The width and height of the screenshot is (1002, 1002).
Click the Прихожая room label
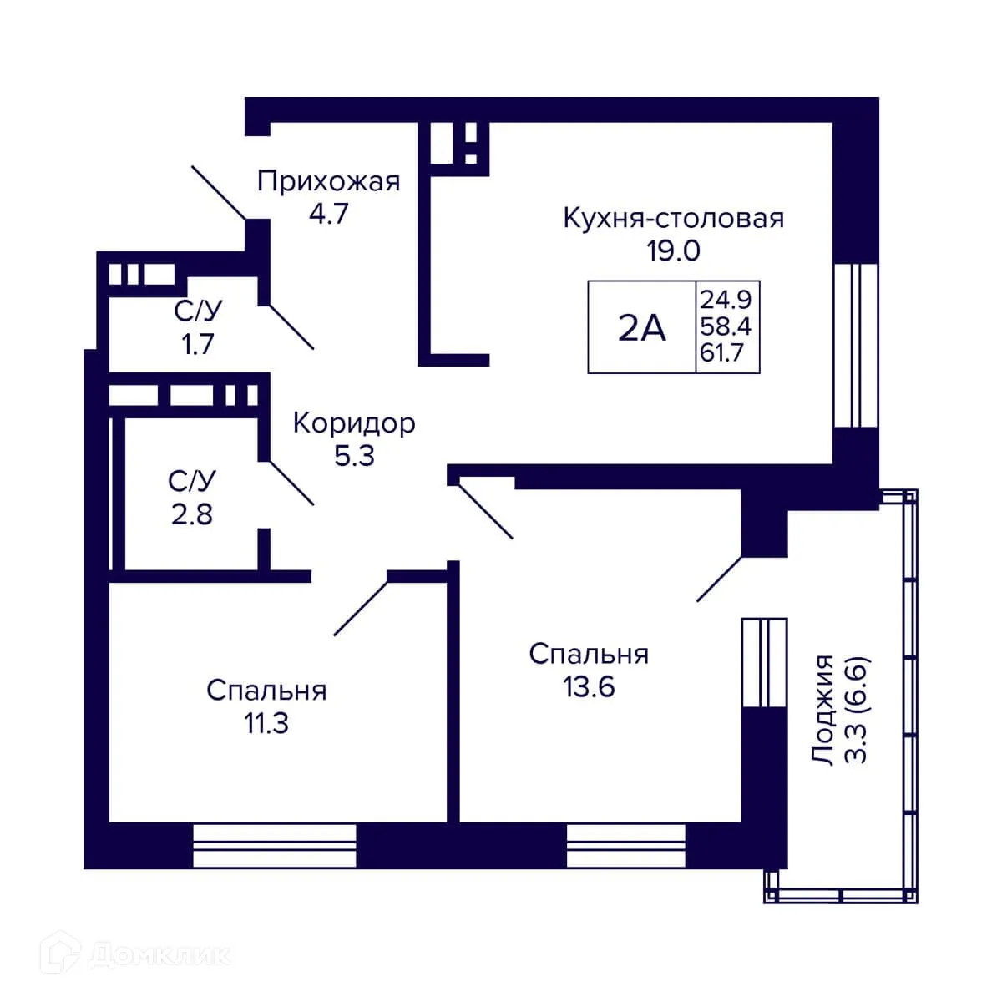pos(328,181)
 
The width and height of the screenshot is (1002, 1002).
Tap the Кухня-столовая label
pos(673,218)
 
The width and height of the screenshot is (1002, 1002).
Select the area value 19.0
pos(673,250)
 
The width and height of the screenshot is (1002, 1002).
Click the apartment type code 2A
pos(641,328)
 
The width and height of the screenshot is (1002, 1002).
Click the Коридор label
pos(354,423)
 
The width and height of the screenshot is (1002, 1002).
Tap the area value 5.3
pos(354,456)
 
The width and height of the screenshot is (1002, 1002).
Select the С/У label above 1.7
pos(198,311)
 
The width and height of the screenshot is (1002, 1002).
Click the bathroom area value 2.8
pos(192,514)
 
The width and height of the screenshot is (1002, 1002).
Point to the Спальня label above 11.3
pos(266,691)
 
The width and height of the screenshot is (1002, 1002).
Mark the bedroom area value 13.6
pos(589,686)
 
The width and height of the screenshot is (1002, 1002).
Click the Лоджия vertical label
pos(824,710)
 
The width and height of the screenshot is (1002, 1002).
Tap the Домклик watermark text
pos(159,954)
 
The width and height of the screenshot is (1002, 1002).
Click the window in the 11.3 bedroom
pos(275,847)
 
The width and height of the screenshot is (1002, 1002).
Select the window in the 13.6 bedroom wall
pos(625,847)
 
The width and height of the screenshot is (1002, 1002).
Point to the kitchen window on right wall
pos(856,346)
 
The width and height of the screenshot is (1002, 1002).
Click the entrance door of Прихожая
pos(219,193)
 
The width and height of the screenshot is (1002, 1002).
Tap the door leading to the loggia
pos(720,579)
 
